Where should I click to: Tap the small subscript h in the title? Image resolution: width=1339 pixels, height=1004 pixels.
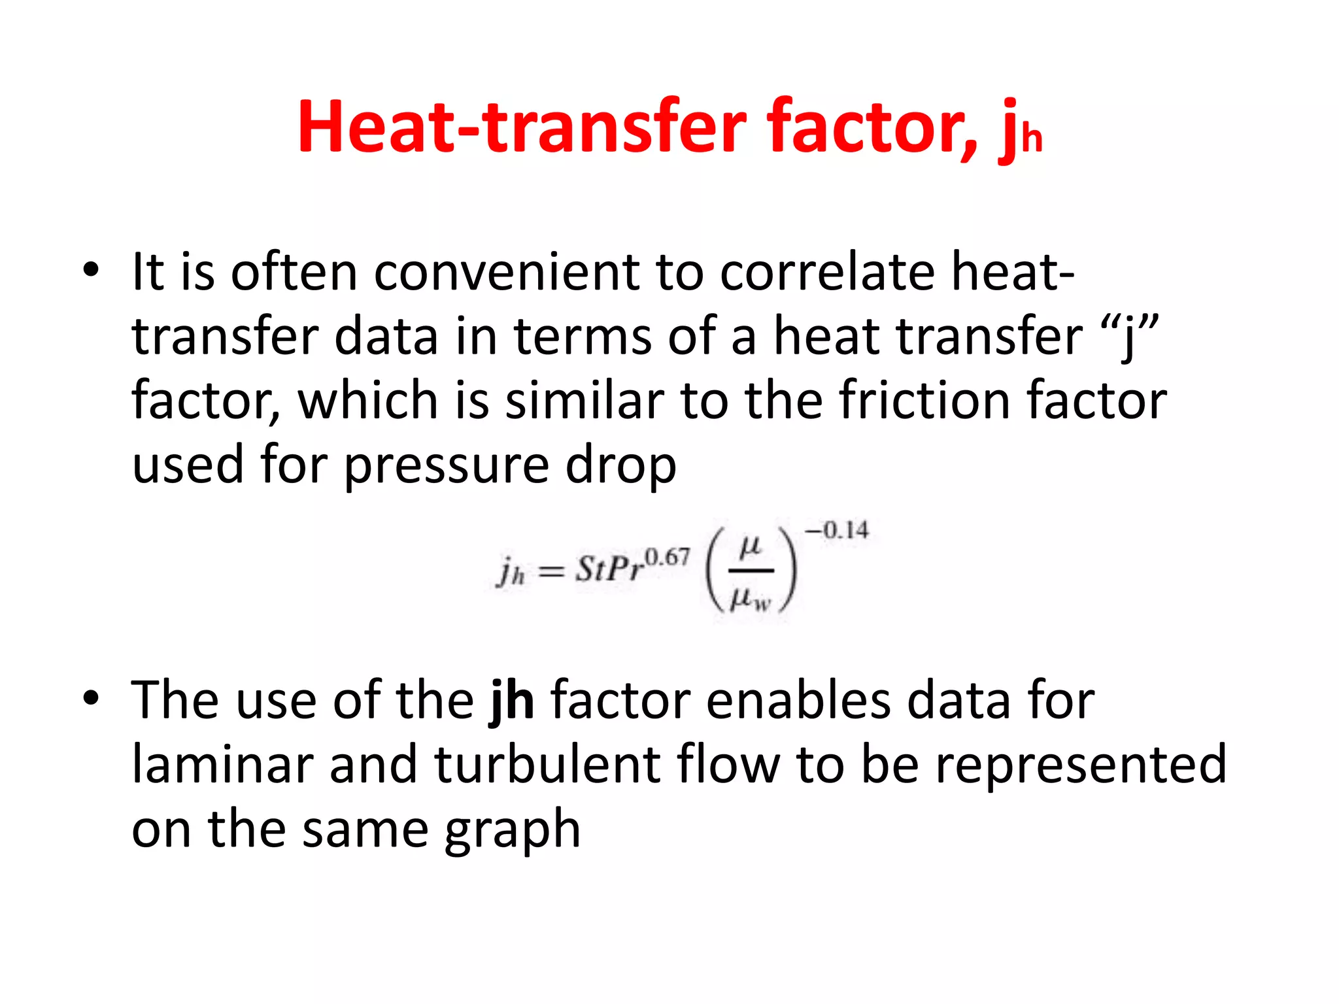[1031, 139]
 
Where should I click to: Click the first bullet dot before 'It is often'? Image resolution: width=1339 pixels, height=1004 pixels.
[91, 270]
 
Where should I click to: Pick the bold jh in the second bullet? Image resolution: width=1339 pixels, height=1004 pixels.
[512, 701]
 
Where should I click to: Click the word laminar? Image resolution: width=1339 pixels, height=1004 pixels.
[222, 765]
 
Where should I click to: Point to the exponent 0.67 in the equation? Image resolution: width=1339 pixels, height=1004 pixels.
[667, 557]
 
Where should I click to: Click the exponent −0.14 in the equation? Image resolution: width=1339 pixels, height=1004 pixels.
[837, 530]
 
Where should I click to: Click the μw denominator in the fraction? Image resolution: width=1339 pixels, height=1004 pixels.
[751, 598]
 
